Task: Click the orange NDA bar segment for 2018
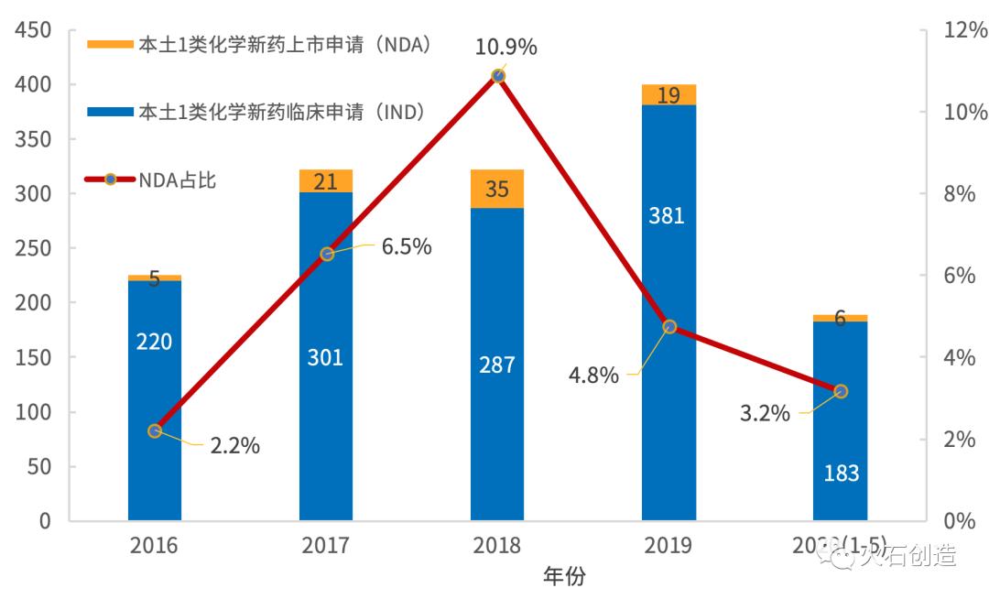click(x=497, y=189)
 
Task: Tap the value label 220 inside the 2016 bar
click(x=154, y=342)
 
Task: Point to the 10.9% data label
click(x=505, y=47)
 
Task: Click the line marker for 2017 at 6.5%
click(x=327, y=254)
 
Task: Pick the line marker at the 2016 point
click(x=155, y=430)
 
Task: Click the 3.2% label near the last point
click(x=765, y=413)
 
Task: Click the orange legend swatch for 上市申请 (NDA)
click(x=109, y=44)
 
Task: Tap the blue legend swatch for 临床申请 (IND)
click(x=109, y=112)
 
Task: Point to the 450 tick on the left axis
click(x=33, y=30)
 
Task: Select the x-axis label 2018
click(x=497, y=546)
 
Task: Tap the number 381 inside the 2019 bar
click(x=668, y=216)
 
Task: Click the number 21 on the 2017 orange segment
click(x=326, y=181)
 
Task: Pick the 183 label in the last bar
click(x=841, y=474)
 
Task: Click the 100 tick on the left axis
click(x=33, y=412)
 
